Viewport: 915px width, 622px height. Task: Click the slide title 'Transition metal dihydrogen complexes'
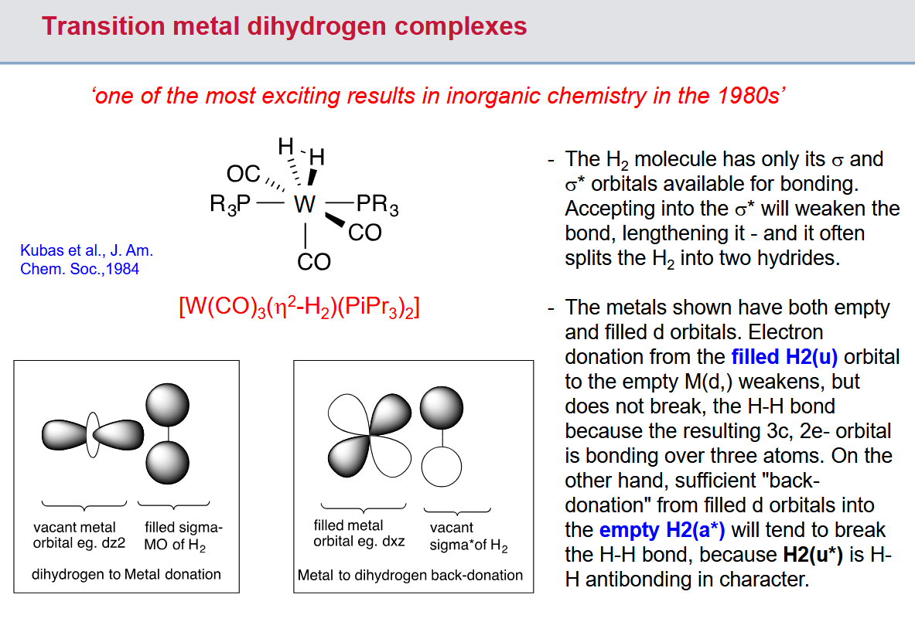coord(285,27)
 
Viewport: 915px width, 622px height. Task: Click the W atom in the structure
coord(305,205)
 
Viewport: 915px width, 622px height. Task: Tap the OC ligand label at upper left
coord(243,174)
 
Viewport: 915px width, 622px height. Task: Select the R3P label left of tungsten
coord(230,205)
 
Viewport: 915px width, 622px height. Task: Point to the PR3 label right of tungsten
coord(377,206)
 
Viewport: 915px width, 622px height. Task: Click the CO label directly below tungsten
coord(313,262)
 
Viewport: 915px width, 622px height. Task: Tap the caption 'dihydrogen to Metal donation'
coord(126,574)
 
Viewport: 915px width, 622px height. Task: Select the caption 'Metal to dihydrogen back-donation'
coord(410,575)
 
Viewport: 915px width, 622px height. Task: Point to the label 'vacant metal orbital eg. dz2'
coord(79,535)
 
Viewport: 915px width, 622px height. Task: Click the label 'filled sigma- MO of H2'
coord(183,536)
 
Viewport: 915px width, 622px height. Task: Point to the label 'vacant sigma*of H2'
coord(469,536)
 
